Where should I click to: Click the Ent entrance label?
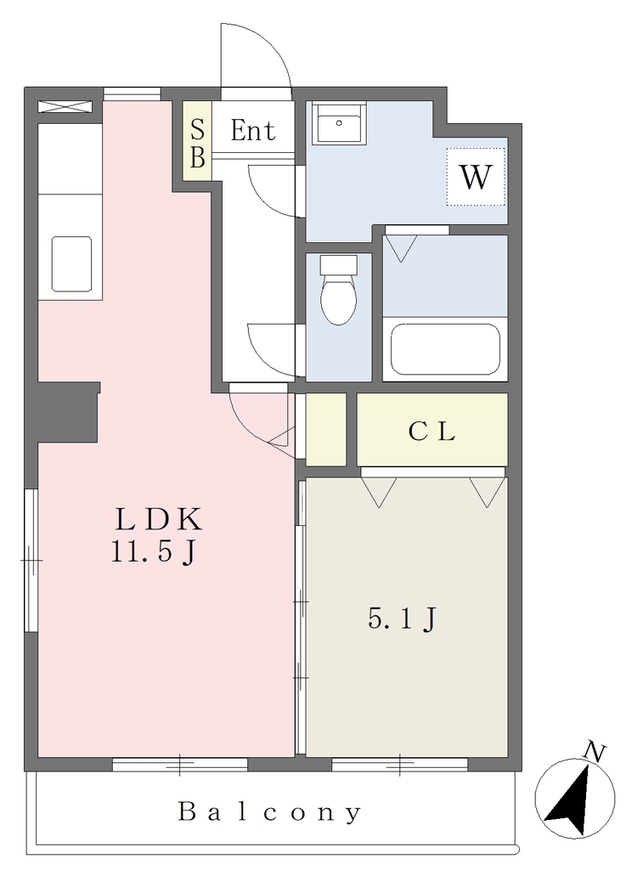pyautogui.click(x=253, y=131)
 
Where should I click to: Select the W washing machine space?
pyautogui.click(x=476, y=177)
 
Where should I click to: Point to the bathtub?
pyautogui.click(x=445, y=349)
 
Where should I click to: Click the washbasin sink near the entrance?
pyautogui.click(x=338, y=123)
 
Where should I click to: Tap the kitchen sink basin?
pyautogui.click(x=71, y=264)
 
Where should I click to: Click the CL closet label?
pyautogui.click(x=432, y=431)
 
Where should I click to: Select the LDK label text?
pyautogui.click(x=158, y=520)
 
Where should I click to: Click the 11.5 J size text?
pyautogui.click(x=154, y=551)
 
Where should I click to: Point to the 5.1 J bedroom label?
pyautogui.click(x=403, y=619)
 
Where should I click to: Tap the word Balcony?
pyautogui.click(x=269, y=813)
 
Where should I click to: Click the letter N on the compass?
pyautogui.click(x=595, y=753)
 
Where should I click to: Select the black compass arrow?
pyautogui.click(x=570, y=801)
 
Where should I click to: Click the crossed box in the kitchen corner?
pyautogui.click(x=65, y=106)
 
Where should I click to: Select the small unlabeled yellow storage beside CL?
pyautogui.click(x=326, y=429)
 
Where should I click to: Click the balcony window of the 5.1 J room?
pyautogui.click(x=400, y=765)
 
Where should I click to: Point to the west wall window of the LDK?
pyautogui.click(x=31, y=560)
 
